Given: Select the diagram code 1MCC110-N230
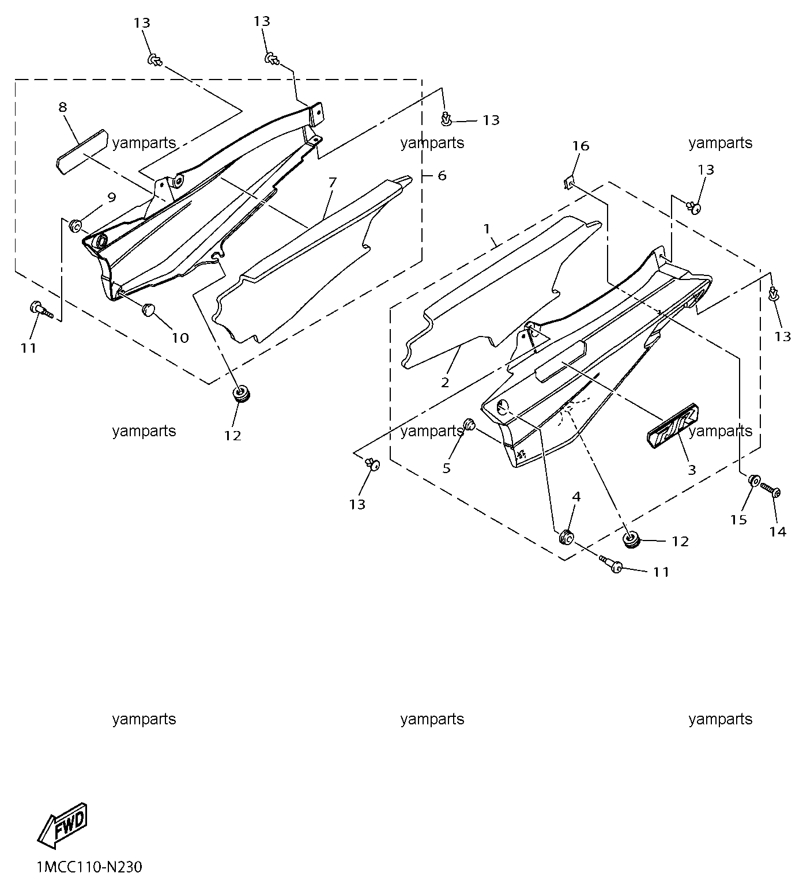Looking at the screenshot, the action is point(89,867).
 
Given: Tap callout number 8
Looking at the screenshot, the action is point(62,107).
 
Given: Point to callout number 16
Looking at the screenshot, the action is point(580,146).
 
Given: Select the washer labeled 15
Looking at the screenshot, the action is point(753,480).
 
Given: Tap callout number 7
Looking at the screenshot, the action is point(332,183).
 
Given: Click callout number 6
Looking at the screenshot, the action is point(442,175).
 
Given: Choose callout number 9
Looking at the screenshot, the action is point(111,197).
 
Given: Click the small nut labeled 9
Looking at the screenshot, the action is point(76,225).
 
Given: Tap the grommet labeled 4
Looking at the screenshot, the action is point(566,536).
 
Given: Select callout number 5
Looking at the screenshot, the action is point(447,468).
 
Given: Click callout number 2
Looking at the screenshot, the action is point(445,382).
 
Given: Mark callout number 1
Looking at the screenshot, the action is point(487,229).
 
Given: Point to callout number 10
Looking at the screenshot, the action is point(180,338).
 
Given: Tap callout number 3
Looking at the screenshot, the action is point(692,470).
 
